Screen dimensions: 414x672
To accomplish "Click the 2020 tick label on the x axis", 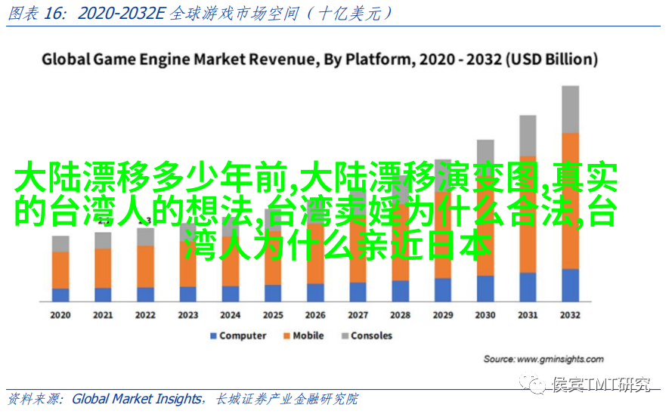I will click(x=60, y=315).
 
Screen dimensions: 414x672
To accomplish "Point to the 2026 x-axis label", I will click(x=315, y=315).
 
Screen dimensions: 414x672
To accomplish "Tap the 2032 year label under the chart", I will click(x=570, y=315).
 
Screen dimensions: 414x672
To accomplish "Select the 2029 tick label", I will click(x=443, y=315).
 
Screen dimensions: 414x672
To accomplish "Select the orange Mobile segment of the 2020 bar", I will click(x=60, y=269).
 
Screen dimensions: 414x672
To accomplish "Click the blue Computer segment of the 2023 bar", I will click(x=188, y=295).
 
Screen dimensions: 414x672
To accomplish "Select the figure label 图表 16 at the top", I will click(x=34, y=13).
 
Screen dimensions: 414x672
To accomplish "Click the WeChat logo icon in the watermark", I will click(x=537, y=386).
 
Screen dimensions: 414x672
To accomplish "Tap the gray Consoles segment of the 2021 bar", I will click(x=103, y=240).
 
